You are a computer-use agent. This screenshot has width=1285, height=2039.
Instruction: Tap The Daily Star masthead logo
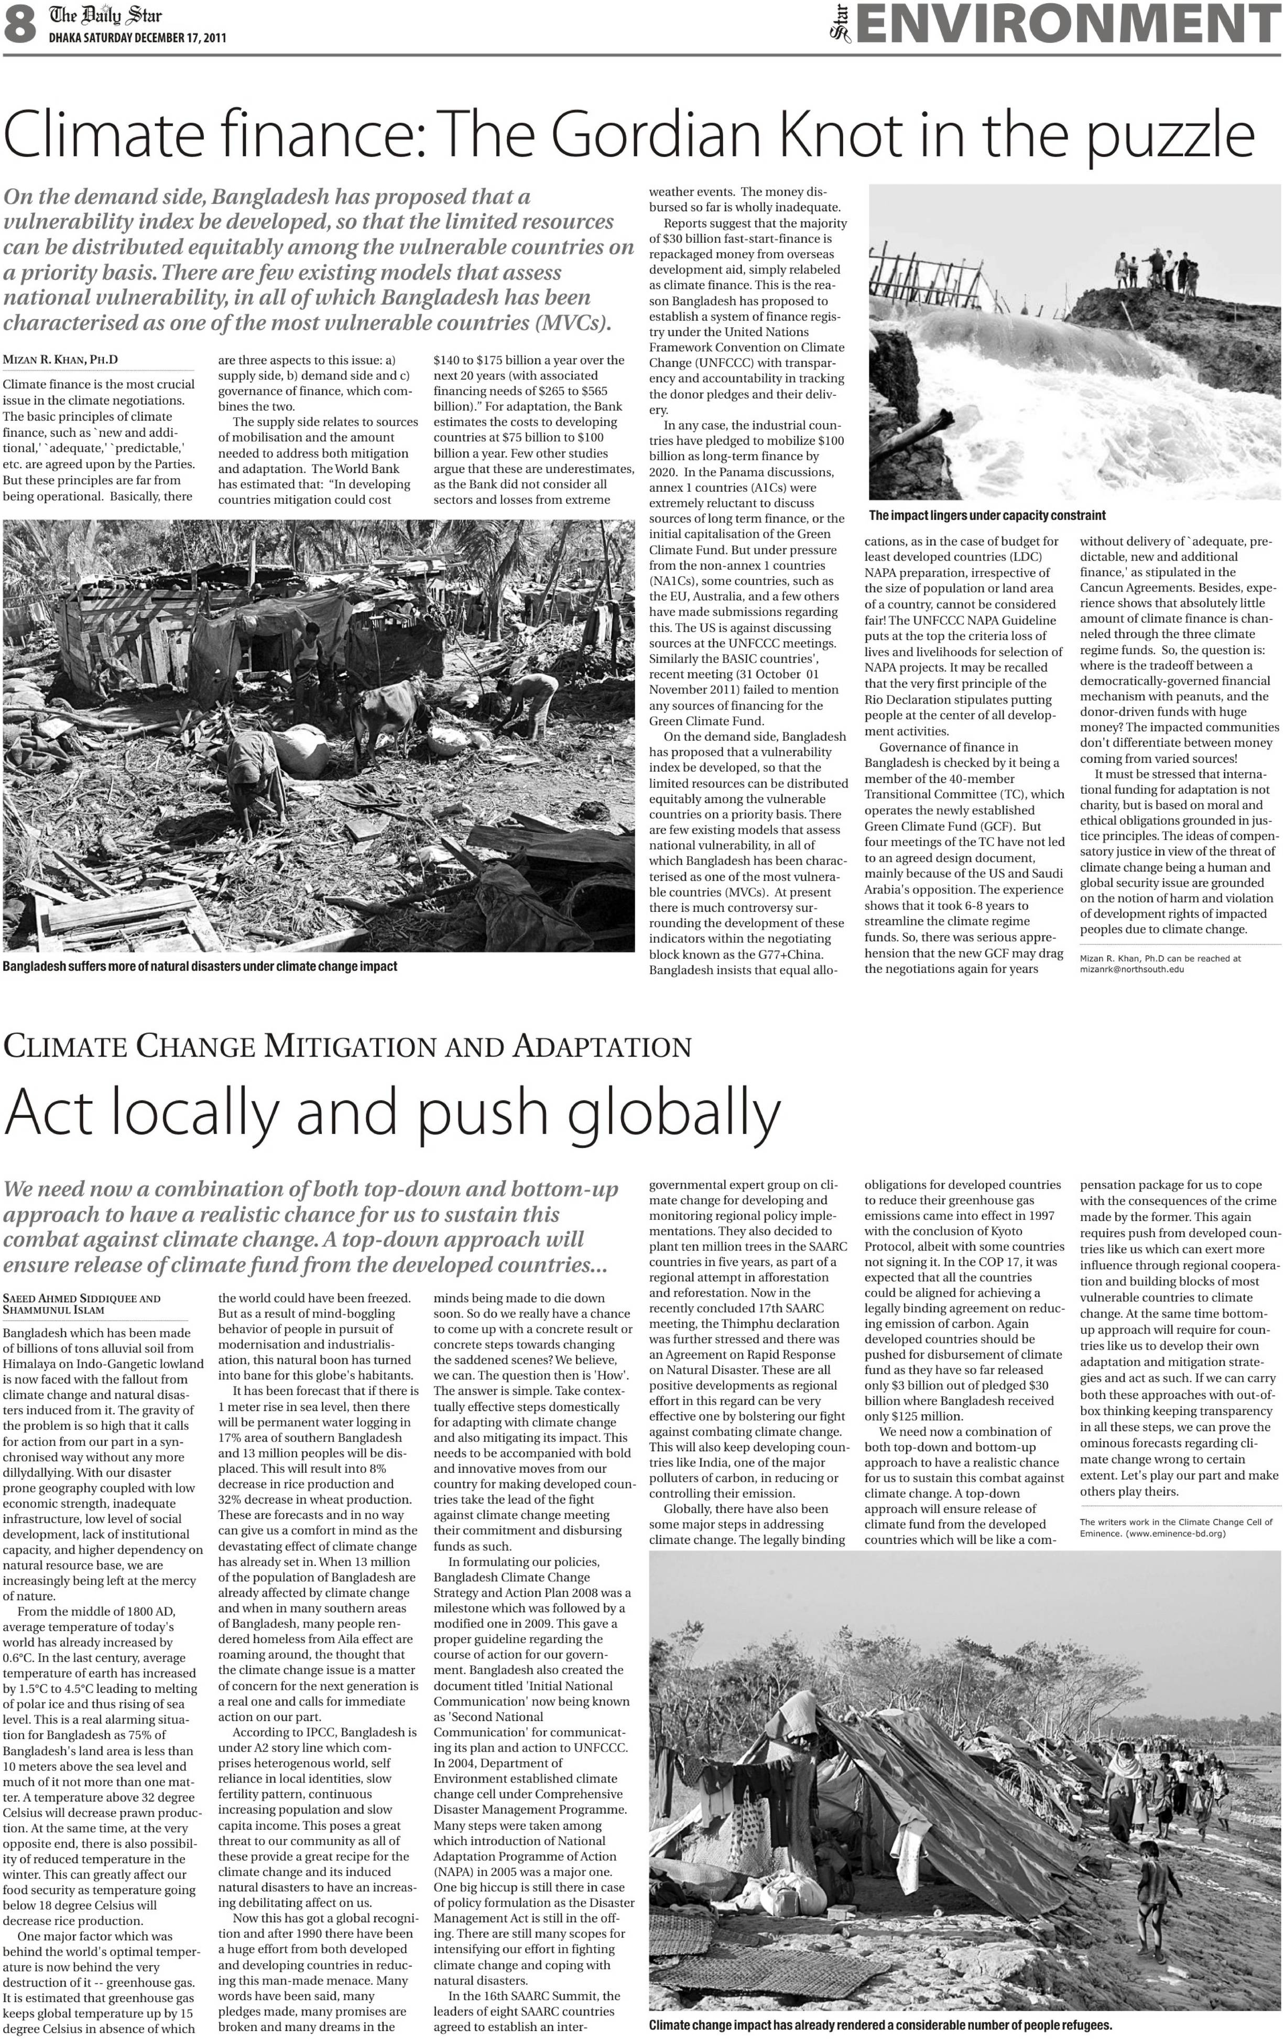(105, 15)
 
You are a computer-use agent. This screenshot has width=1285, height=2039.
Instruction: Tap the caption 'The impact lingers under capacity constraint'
(987, 515)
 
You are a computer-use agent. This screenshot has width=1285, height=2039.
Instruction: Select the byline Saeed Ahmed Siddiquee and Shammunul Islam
(81, 1303)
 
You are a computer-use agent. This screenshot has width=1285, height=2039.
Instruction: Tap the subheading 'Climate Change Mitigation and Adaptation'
(347, 1047)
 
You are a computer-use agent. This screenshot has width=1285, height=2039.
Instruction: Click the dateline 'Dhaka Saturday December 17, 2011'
(137, 37)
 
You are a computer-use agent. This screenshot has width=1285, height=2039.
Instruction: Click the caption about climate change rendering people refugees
(880, 2025)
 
